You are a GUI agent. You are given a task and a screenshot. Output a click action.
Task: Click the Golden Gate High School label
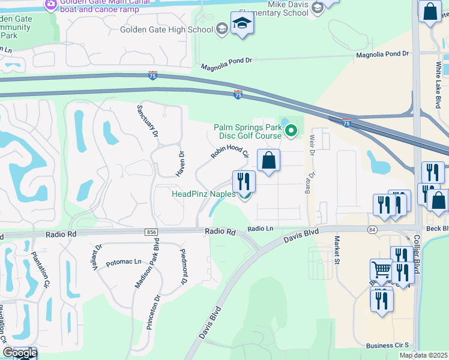(166, 29)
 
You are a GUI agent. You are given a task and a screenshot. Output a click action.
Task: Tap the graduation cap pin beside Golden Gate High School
(242, 24)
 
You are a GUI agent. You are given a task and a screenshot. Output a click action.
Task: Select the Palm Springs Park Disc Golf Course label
(248, 131)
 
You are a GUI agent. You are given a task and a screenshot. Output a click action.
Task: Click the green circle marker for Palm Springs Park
(291, 130)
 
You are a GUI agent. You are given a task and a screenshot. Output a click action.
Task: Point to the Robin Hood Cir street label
(229, 146)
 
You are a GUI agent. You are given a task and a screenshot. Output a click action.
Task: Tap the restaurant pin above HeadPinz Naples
(244, 181)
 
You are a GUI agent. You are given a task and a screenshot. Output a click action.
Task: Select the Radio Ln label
(261, 229)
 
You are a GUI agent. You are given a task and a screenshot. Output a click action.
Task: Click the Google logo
(19, 353)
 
